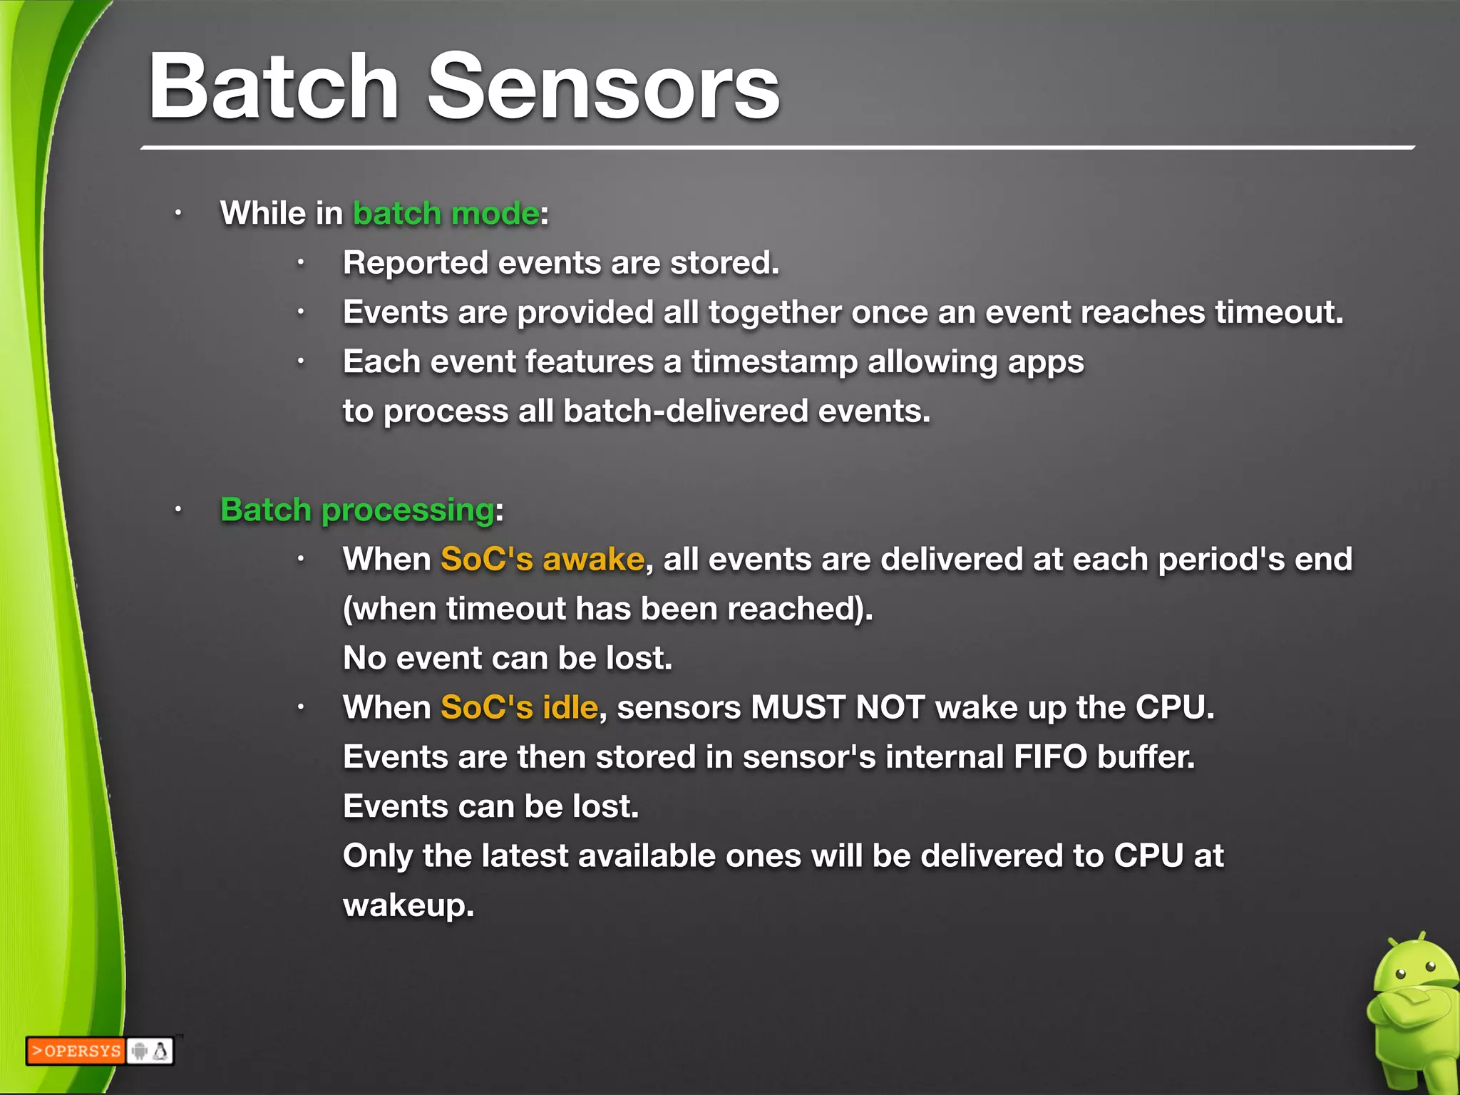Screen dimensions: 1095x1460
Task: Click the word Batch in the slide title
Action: (x=273, y=87)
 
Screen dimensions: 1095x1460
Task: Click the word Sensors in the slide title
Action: (x=603, y=87)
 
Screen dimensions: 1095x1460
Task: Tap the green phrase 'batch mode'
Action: (x=446, y=213)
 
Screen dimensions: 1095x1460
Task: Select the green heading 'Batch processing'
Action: (x=357, y=510)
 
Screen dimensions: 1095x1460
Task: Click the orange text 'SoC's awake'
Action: (x=543, y=559)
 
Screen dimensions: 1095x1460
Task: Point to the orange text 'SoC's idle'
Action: (x=519, y=707)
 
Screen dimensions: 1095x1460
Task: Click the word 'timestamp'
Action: (x=774, y=362)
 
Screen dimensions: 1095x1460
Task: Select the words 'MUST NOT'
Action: (x=838, y=707)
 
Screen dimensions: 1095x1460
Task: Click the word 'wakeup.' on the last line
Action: (x=408, y=905)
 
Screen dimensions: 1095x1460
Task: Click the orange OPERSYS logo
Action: (x=76, y=1051)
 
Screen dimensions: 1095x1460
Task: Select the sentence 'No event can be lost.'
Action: (x=508, y=658)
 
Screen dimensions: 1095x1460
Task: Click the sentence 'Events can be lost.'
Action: (x=490, y=806)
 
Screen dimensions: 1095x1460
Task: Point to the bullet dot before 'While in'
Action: (x=179, y=213)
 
